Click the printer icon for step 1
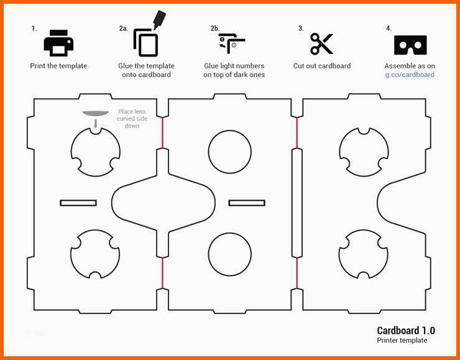(x=58, y=43)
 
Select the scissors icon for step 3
(x=322, y=44)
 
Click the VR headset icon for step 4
(x=410, y=45)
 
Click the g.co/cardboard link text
(x=410, y=75)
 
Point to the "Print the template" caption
(x=58, y=66)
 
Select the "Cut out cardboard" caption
(x=322, y=66)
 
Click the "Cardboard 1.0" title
(x=406, y=331)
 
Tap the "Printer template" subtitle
(x=402, y=341)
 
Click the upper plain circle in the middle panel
(x=230, y=152)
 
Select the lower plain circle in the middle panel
(x=230, y=254)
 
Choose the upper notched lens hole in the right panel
(x=364, y=152)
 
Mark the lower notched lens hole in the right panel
(x=364, y=254)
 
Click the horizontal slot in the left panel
(x=78, y=203)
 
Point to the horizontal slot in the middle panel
(x=247, y=203)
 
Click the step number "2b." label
(x=215, y=29)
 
